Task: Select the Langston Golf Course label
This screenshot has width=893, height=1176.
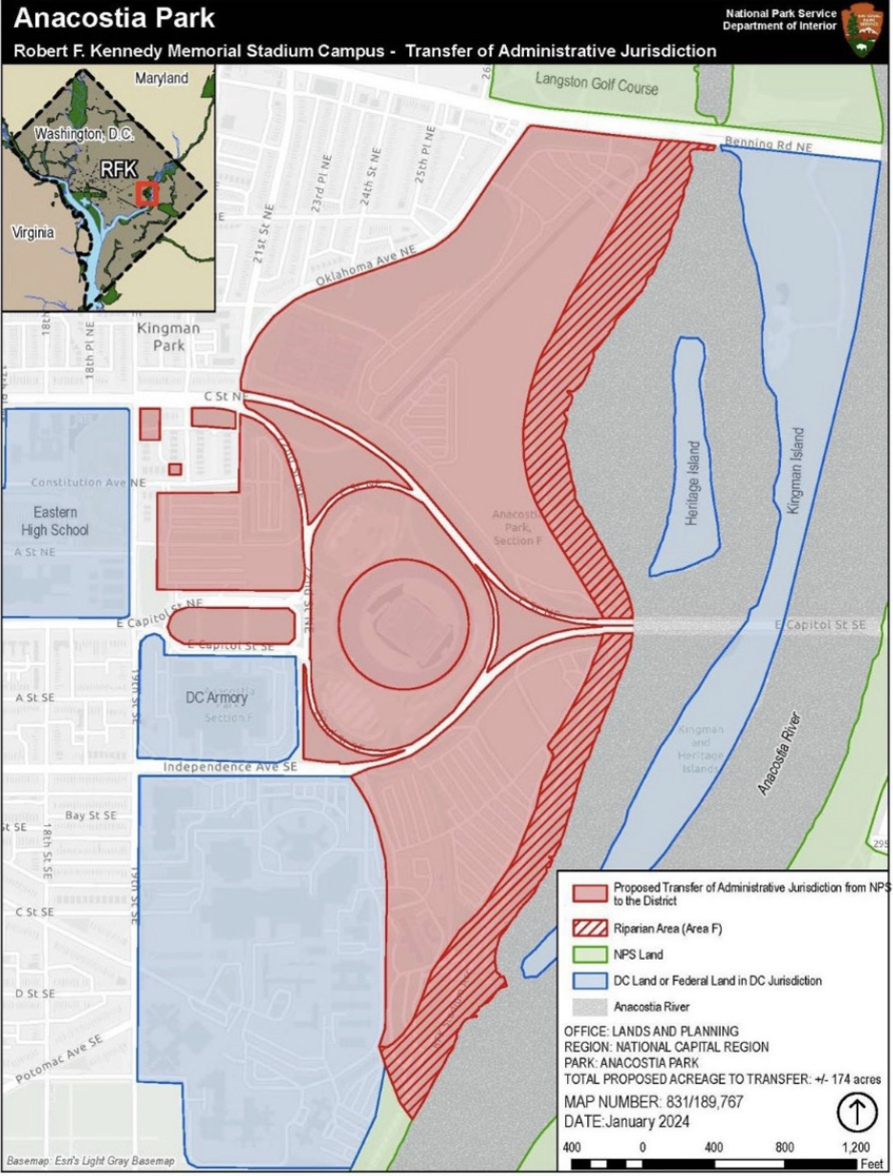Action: [597, 86]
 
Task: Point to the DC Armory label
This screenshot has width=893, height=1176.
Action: [216, 698]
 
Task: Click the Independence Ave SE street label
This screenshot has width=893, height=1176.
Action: [230, 767]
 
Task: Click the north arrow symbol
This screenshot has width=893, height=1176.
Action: [858, 1112]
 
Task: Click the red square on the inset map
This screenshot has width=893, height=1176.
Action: [147, 193]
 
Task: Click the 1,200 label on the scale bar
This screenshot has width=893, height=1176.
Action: [855, 1146]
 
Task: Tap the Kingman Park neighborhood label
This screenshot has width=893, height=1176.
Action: [168, 336]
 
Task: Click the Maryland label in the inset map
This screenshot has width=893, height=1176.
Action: [162, 77]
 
